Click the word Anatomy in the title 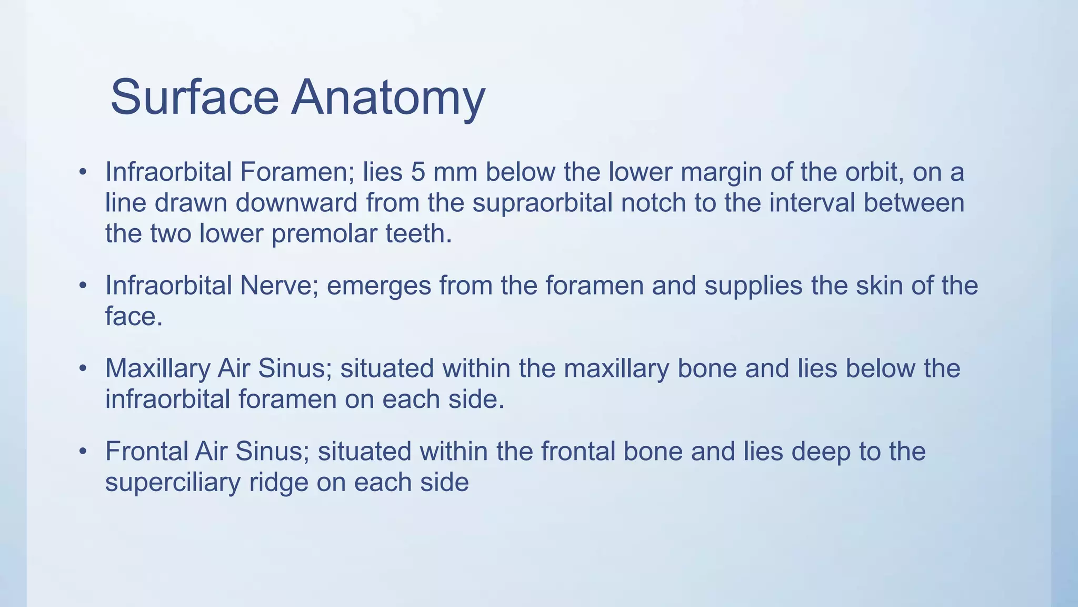(x=388, y=98)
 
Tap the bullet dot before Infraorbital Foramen (x=83, y=172)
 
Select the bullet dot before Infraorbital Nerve (x=83, y=286)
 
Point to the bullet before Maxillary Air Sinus (x=83, y=369)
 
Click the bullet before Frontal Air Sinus (x=83, y=452)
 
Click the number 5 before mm (x=418, y=172)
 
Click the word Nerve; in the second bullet (x=279, y=286)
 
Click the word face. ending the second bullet (x=134, y=316)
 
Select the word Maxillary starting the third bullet (x=157, y=368)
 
